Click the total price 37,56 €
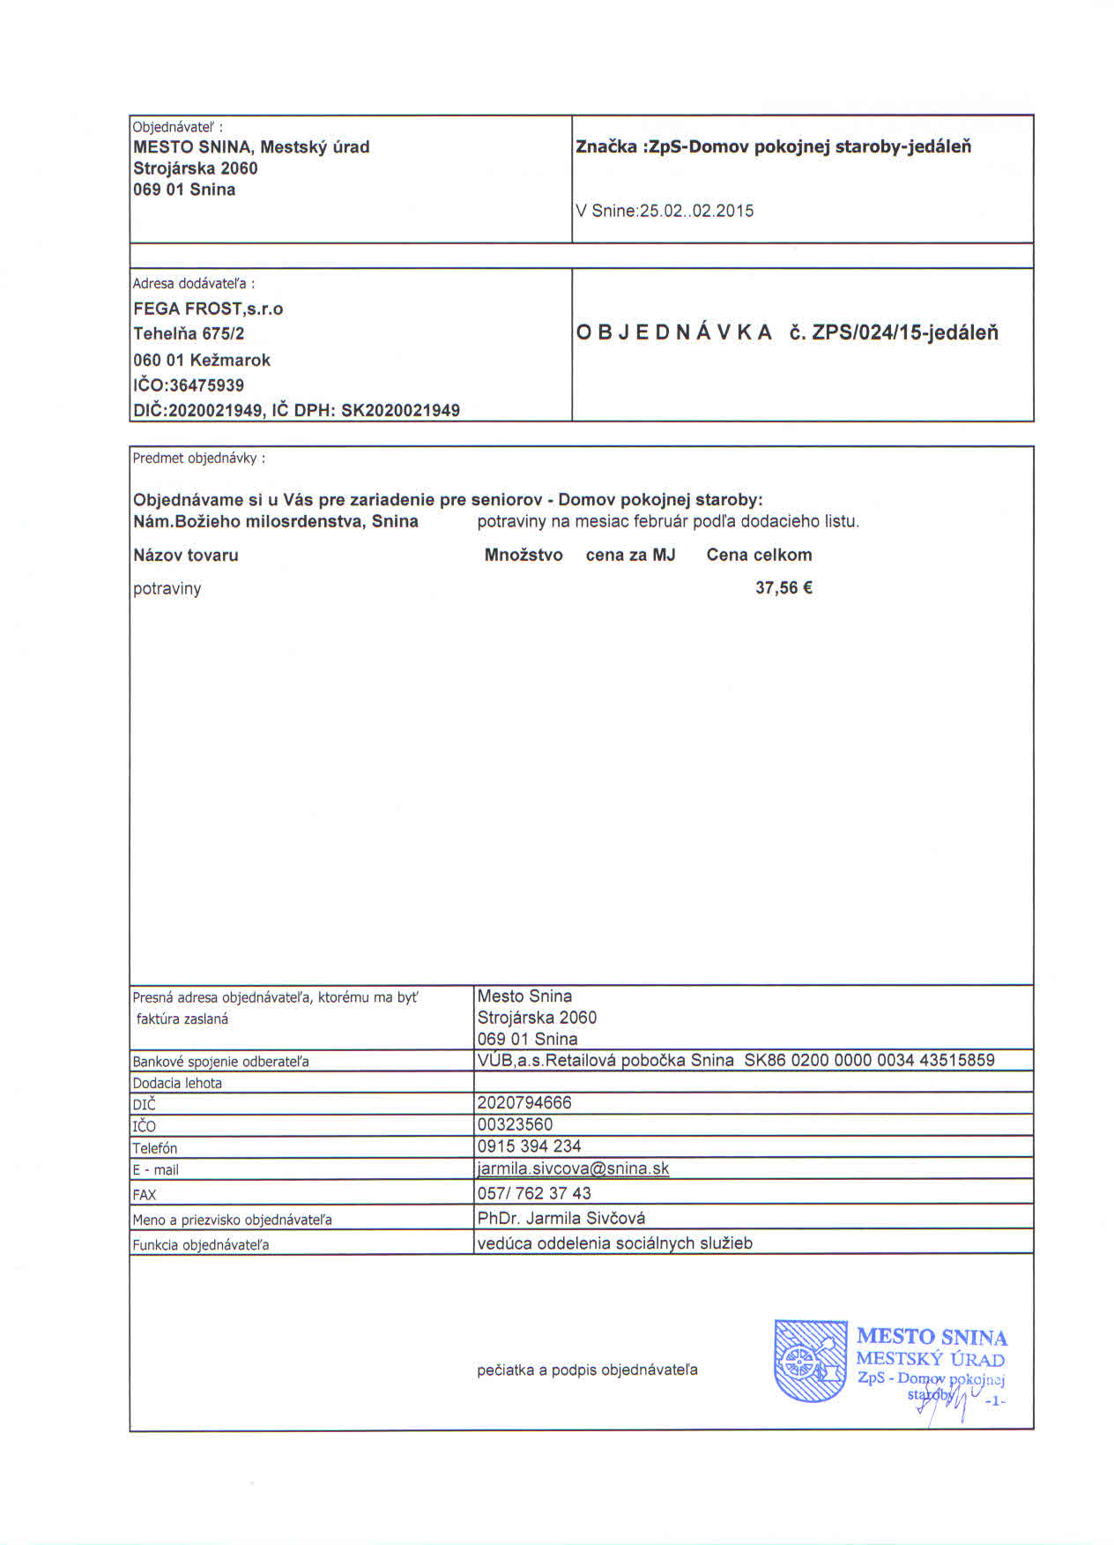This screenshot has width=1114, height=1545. coord(783,588)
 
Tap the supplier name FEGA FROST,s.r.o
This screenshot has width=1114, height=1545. coord(208,309)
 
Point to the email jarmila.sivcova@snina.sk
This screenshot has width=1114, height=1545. coord(573,1168)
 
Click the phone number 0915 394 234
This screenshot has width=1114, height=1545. coord(529,1146)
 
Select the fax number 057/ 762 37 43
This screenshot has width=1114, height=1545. coord(534,1193)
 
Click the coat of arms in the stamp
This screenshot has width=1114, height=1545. coord(809,1361)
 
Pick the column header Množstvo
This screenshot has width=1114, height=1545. coord(524,556)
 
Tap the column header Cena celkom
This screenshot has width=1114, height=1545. coord(759,556)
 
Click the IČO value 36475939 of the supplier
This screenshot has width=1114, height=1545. coord(208,385)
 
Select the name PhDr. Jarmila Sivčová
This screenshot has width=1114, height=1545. coord(561,1219)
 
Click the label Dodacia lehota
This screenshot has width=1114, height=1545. coord(177,1083)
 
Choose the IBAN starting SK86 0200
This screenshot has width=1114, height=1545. coord(869,1060)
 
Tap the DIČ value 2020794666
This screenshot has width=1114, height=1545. coord(524,1102)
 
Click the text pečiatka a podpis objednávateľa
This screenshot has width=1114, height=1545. coord(587,1370)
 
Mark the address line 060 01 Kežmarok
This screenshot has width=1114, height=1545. coord(202,360)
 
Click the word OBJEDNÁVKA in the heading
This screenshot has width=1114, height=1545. coord(674,333)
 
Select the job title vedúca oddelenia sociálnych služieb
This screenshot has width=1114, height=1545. coord(614,1243)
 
